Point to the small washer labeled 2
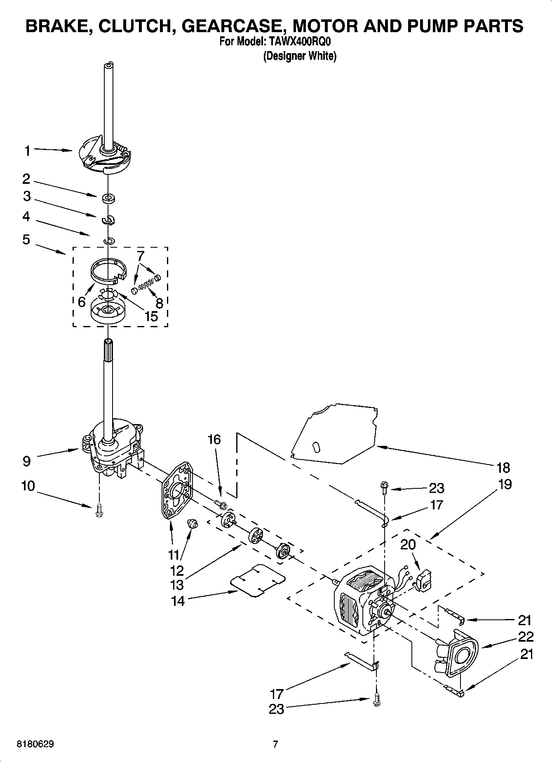(108, 199)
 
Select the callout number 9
(26, 461)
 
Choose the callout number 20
(408, 544)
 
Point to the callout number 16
(214, 439)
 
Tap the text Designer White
(300, 56)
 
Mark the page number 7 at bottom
(275, 744)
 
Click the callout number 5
(26, 239)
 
